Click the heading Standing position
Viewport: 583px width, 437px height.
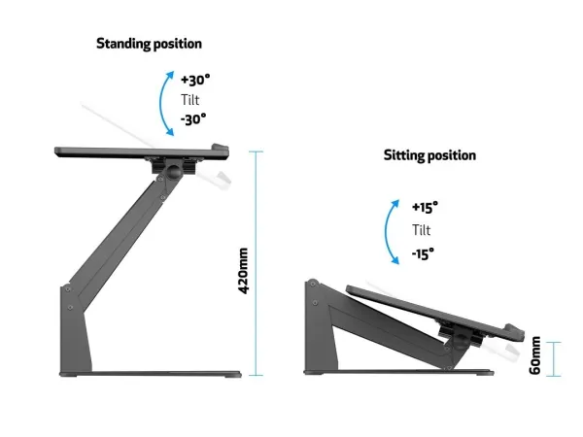tap(149, 44)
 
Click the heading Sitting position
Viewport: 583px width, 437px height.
tap(429, 155)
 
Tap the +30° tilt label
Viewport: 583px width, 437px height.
tap(195, 80)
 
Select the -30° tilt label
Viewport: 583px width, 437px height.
tap(193, 119)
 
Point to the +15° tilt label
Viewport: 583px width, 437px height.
tap(425, 207)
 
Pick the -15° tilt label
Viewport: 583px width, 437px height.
tap(423, 254)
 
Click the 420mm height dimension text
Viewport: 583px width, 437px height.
tap(243, 271)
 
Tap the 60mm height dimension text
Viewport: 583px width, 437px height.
tap(534, 355)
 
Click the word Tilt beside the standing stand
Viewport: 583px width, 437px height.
tap(190, 100)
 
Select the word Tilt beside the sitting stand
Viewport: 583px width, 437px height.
tap(422, 230)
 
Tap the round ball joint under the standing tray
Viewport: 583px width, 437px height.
tap(173, 171)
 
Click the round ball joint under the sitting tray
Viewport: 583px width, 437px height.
tap(461, 341)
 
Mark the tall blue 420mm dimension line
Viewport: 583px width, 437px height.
tap(257, 263)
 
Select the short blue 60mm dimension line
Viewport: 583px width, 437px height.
tap(554, 359)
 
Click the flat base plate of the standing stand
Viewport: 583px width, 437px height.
tap(151, 374)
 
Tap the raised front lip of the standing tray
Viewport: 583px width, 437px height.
tap(221, 149)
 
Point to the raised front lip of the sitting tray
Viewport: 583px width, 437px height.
tap(515, 331)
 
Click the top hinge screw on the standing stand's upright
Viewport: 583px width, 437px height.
tap(68, 289)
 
